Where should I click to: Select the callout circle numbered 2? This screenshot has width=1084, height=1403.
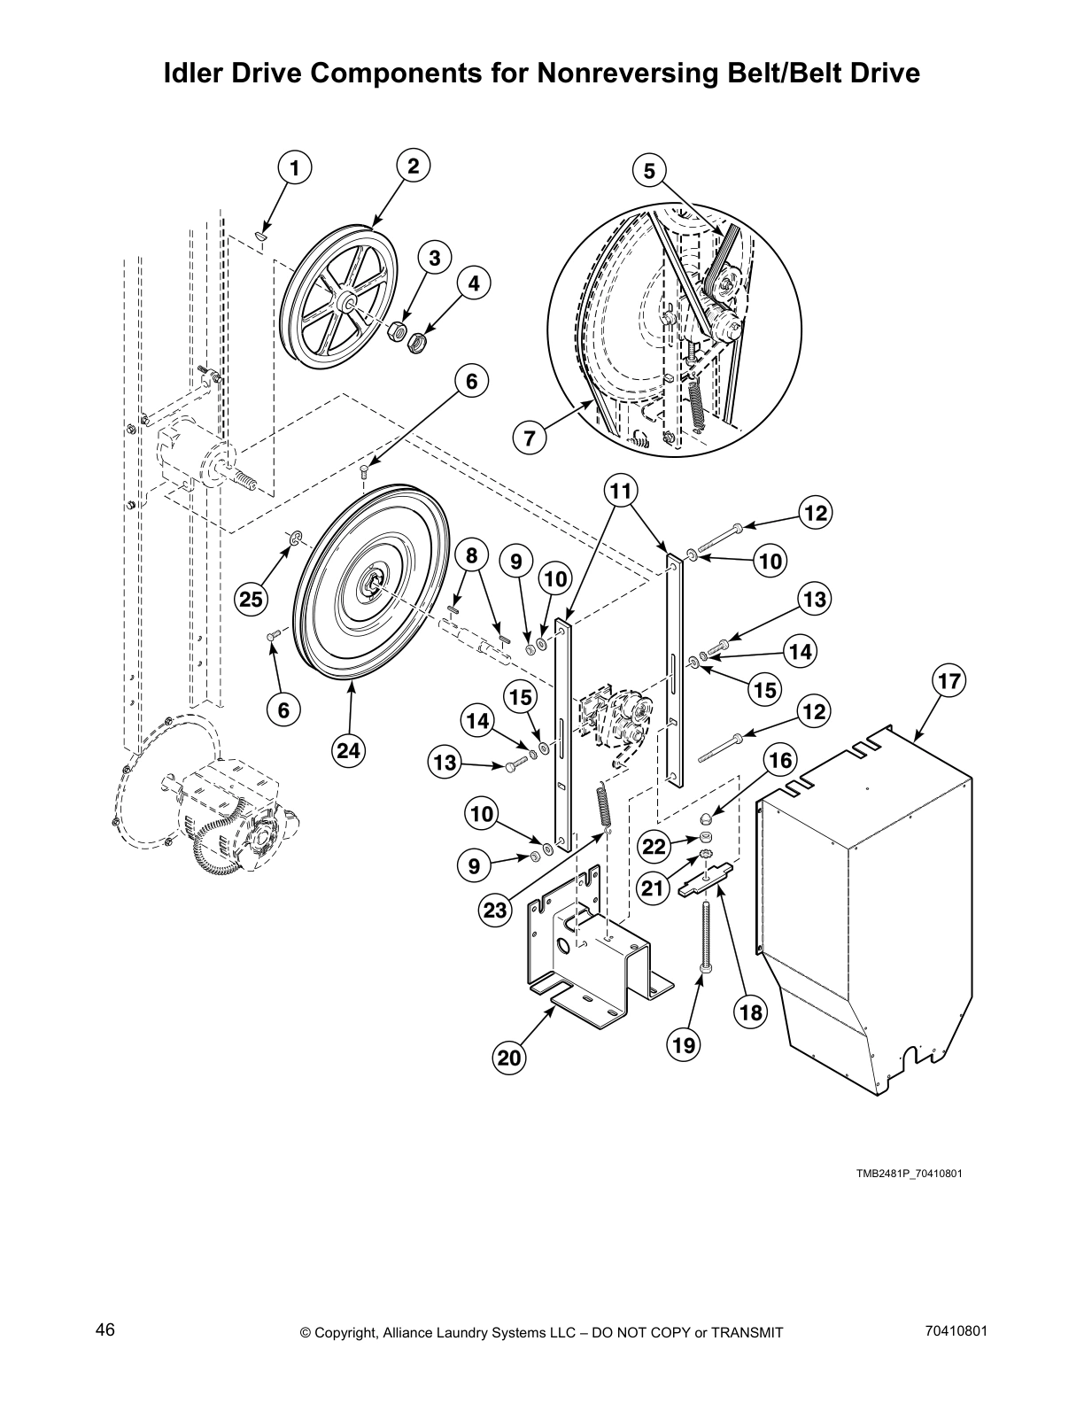pos(413,166)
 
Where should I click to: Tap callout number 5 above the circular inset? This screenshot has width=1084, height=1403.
pos(649,170)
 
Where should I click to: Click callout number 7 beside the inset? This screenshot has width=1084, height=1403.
pos(529,437)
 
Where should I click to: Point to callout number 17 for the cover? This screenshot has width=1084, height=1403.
pos(948,682)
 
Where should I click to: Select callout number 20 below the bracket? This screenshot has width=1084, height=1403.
pos(510,1058)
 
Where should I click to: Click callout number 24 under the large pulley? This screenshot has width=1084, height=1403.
pos(349,750)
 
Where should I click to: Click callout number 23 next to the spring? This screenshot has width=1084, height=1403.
pos(496,910)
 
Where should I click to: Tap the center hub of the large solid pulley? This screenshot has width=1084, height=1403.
pos(373,583)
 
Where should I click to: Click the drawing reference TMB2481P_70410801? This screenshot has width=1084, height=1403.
pos(909,1174)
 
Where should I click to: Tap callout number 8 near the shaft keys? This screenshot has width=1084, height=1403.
pos(472,555)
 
